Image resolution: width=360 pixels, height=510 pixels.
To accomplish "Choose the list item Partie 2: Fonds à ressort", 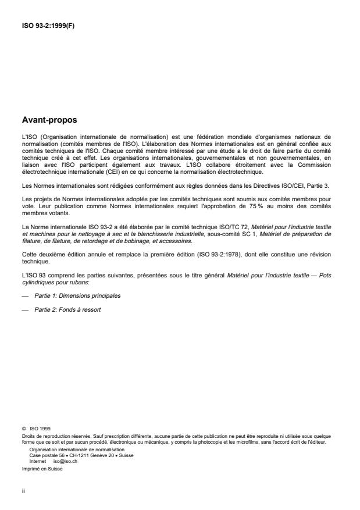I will (67, 309).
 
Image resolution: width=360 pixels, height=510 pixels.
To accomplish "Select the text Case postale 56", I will (44, 455).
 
